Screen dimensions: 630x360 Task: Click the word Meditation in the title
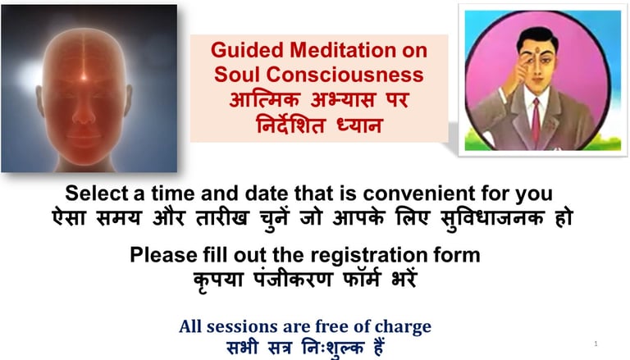(x=342, y=50)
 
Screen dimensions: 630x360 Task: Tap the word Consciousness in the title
(x=345, y=75)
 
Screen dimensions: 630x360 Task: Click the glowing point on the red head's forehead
(x=84, y=76)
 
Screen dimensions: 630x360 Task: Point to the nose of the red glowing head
(x=84, y=115)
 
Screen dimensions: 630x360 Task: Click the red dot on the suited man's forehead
(x=536, y=51)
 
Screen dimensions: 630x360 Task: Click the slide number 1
(x=596, y=344)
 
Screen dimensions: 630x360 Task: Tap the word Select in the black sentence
(x=96, y=194)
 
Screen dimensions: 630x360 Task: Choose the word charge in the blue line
(x=403, y=327)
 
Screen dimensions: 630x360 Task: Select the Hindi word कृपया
(x=218, y=280)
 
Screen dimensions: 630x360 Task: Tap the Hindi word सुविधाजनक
(x=492, y=218)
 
